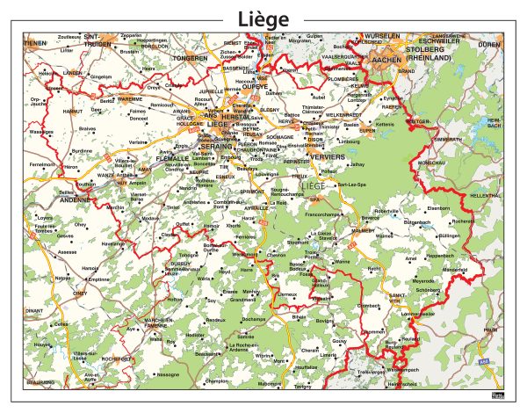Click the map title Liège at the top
[x=263, y=18]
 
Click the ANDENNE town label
[x=76, y=199]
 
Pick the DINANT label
[x=34, y=310]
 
